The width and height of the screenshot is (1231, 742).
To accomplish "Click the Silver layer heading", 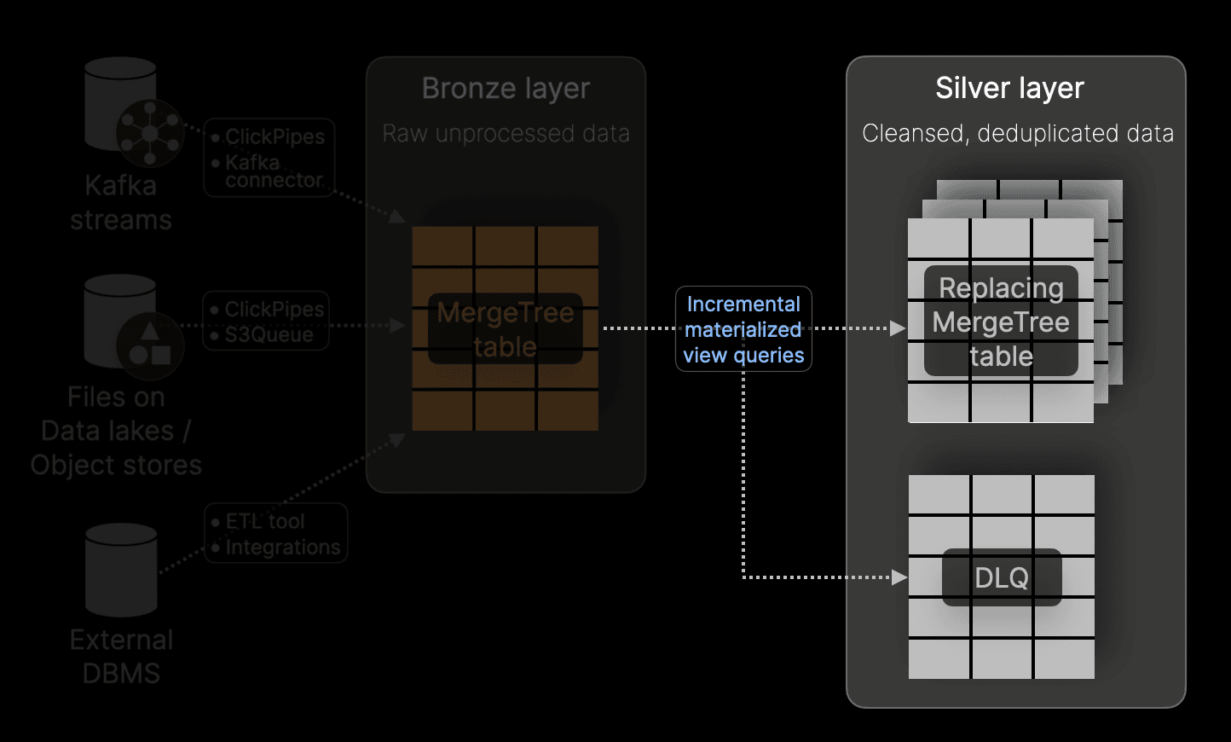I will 1009,88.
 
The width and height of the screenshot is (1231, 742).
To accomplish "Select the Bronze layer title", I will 506,89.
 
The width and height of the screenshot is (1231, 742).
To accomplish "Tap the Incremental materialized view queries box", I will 743,329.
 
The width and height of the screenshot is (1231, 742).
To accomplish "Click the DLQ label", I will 1002,577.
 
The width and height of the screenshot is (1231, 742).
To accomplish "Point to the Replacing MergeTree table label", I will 1001,322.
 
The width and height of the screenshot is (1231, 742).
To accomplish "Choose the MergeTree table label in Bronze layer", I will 505,329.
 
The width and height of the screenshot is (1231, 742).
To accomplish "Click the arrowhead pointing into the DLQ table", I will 899,577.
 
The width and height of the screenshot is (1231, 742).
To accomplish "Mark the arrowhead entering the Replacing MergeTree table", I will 897,328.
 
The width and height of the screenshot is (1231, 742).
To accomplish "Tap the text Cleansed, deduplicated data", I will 1017,134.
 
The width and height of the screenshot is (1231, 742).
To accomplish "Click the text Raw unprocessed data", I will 506,134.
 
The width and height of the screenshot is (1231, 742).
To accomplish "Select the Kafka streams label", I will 121,203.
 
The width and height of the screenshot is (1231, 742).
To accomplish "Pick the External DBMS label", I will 121,657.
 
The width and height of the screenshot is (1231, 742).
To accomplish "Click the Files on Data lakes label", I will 116,431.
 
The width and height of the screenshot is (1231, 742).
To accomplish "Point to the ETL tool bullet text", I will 264,521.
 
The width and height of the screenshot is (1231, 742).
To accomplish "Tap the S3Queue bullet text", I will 269,335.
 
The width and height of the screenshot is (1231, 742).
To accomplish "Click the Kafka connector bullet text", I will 273,171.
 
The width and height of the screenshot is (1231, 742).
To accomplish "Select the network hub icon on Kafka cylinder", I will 150,133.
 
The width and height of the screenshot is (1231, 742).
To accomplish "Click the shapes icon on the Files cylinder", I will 150,343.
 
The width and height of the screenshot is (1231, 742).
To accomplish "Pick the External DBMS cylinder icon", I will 121,570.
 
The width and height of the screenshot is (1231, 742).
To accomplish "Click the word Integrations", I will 282,548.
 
